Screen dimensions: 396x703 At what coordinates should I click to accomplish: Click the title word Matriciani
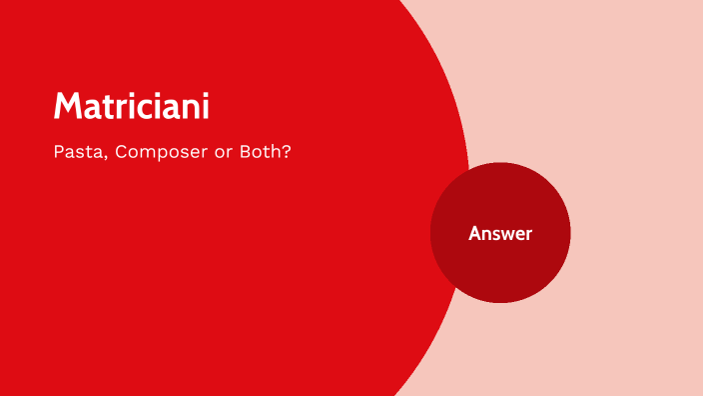[131, 106]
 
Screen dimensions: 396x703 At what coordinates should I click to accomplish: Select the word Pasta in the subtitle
[77, 155]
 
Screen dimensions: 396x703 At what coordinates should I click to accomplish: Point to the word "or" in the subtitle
[217, 155]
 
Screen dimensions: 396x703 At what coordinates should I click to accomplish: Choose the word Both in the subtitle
[257, 155]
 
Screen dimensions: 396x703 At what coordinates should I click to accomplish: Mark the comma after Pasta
[103, 160]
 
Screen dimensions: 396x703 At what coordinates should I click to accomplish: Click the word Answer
[500, 233]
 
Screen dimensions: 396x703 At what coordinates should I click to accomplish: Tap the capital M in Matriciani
[67, 106]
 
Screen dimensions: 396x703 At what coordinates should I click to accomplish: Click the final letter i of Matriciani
[205, 106]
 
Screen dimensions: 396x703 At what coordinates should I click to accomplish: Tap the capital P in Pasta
[59, 155]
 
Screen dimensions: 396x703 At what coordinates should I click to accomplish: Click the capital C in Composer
[122, 155]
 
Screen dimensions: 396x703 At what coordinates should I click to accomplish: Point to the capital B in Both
[240, 155]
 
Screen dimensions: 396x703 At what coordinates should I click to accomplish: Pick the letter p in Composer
[164, 157]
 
